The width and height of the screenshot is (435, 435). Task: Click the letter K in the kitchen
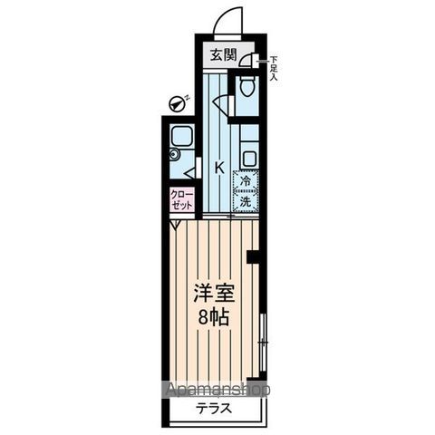tap(218, 167)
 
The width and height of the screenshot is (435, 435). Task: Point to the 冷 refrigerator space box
tap(246, 180)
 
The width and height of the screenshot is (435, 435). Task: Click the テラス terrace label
tap(214, 408)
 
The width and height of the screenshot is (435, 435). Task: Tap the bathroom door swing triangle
tap(190, 169)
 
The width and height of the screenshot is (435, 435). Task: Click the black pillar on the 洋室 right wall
tap(254, 258)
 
